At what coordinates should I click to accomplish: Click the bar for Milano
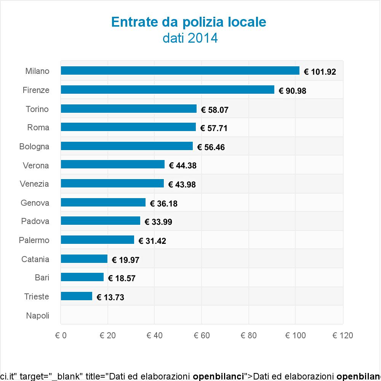point(180,71)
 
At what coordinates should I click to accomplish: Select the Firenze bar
point(167,90)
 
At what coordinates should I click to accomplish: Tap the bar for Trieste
point(76,296)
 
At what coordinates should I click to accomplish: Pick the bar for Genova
point(103,202)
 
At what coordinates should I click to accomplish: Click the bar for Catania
point(84,259)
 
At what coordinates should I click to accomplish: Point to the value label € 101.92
point(320,72)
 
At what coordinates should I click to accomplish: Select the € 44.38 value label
point(182,166)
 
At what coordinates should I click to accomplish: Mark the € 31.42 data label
point(152,241)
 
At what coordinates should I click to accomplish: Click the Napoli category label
point(38,315)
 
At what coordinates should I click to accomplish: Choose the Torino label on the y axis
point(37,109)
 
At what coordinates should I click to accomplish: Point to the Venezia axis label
point(35,184)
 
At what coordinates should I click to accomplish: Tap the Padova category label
point(35,221)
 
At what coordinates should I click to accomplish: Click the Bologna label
point(34,146)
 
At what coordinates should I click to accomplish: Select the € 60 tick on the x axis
point(202,336)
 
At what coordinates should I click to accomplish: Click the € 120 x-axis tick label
point(343,336)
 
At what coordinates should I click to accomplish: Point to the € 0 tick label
point(61,336)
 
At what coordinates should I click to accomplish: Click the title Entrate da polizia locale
point(189,22)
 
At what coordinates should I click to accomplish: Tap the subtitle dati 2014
point(190,38)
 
